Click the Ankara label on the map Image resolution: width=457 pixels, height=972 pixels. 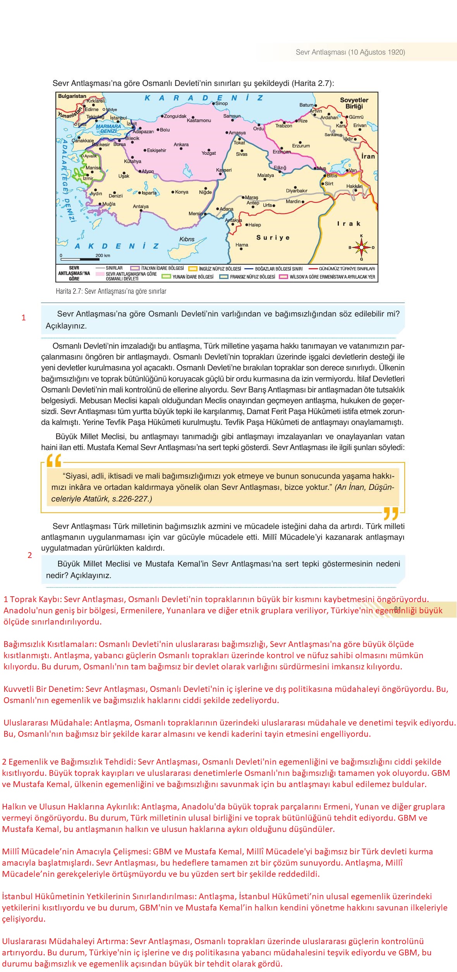[181, 145]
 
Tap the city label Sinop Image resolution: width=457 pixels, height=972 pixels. [222, 103]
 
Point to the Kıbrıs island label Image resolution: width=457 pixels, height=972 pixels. [187, 239]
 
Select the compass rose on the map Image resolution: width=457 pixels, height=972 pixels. [361, 247]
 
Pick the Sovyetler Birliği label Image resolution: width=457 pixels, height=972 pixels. [354, 103]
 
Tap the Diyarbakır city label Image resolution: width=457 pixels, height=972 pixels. [297, 191]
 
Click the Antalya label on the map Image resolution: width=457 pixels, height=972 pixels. [141, 207]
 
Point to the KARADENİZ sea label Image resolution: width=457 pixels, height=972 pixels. [204, 98]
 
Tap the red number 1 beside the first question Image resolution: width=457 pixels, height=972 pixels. [24, 318]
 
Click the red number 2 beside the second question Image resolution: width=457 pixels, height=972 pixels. [30, 555]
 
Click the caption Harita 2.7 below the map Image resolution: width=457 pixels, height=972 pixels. [111, 291]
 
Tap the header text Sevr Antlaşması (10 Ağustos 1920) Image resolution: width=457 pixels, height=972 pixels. [350, 52]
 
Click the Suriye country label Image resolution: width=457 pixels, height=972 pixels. [273, 238]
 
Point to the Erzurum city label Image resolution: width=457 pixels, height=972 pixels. [301, 146]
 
